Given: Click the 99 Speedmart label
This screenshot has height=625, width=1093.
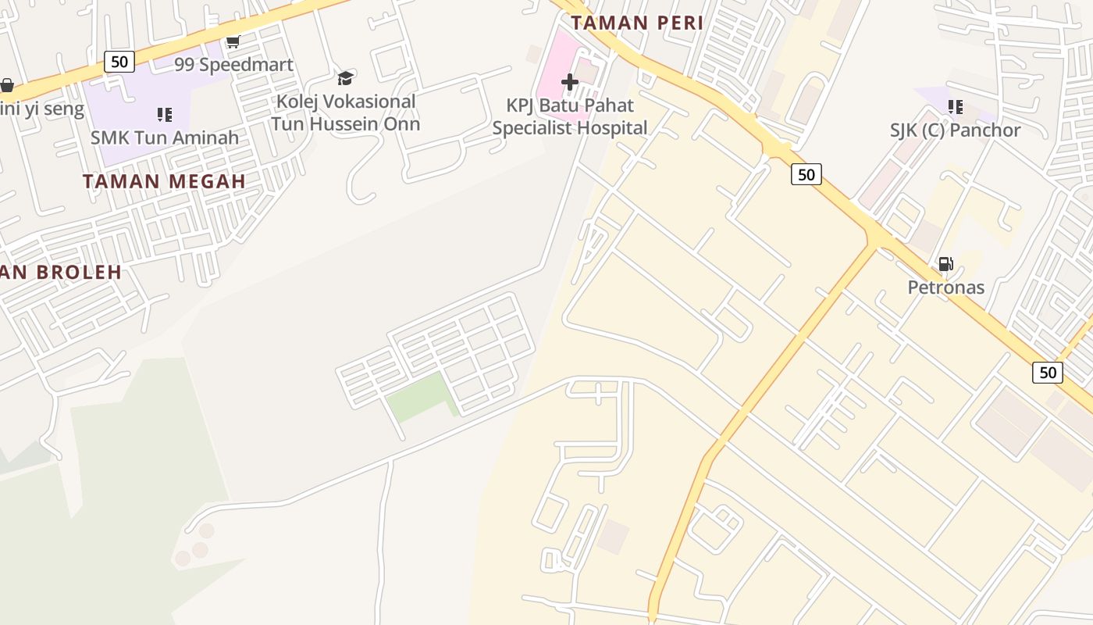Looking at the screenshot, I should [x=233, y=64].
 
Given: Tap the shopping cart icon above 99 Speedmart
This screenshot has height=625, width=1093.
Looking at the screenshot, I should [x=233, y=41].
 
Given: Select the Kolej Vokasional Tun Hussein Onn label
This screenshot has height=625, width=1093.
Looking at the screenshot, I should [x=346, y=112].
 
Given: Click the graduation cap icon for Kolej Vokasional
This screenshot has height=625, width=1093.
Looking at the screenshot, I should [x=345, y=78].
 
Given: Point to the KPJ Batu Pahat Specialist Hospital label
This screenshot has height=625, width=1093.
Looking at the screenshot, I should [x=570, y=116].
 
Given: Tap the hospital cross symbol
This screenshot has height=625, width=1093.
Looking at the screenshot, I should [x=570, y=82].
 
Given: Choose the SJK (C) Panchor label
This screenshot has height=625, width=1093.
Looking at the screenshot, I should [x=955, y=130].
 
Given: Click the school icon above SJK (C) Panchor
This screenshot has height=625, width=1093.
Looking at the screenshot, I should [x=955, y=106].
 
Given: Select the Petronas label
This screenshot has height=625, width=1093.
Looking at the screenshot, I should [x=945, y=287].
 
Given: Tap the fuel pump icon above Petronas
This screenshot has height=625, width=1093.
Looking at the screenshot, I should [x=945, y=264].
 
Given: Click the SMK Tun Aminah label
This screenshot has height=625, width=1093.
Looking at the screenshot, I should [x=165, y=137].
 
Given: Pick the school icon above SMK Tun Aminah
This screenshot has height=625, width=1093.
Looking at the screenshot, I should [x=165, y=115].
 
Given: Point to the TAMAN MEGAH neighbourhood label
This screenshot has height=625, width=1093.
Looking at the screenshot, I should [x=164, y=181].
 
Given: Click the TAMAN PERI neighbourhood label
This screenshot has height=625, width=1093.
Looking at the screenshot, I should [x=637, y=23].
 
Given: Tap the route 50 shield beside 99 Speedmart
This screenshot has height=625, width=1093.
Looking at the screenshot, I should [x=119, y=61].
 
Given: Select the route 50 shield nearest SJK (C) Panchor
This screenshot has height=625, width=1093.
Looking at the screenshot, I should [x=806, y=173].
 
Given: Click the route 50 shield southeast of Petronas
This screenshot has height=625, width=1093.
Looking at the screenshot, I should [x=1047, y=372].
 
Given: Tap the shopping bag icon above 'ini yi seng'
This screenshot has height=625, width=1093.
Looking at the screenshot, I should [x=7, y=84].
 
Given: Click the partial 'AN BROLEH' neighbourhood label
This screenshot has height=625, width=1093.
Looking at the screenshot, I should [x=61, y=272].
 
